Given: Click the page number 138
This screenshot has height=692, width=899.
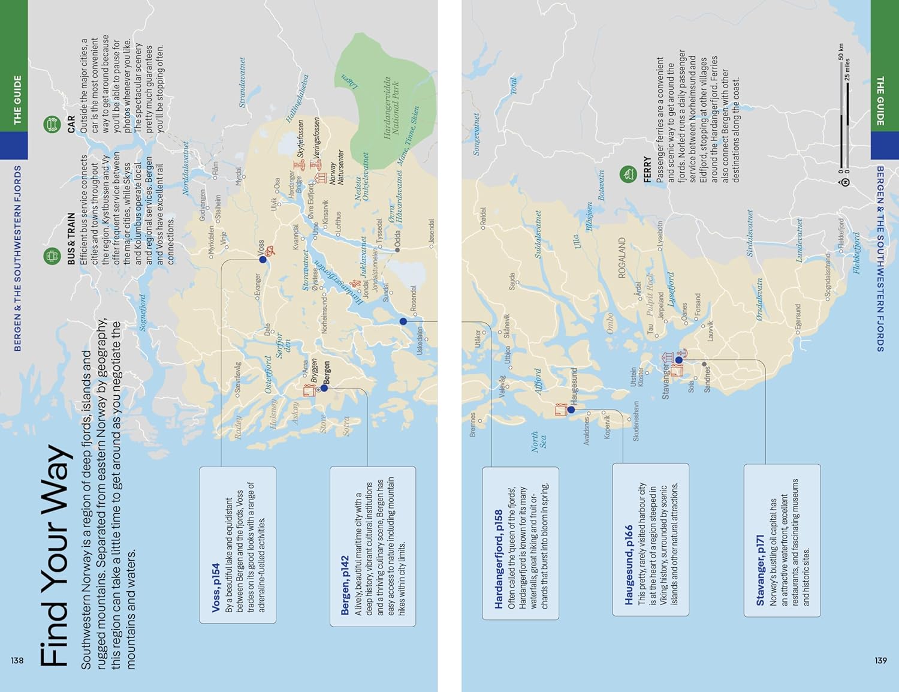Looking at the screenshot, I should tap(17, 660).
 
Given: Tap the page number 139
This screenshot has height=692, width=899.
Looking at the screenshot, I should tap(880, 660).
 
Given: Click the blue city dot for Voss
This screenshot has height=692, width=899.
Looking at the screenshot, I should tap(263, 260).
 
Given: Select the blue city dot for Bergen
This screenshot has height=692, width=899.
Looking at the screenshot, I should tap(324, 388).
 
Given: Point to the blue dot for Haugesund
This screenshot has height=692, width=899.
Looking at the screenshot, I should tap(571, 410).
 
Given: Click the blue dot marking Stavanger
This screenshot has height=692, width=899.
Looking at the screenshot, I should tap(678, 360).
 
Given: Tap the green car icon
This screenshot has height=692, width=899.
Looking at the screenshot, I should tap(52, 125).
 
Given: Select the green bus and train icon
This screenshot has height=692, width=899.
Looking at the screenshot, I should tap(52, 256).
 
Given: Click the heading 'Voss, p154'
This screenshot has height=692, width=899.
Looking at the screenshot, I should tap(216, 588).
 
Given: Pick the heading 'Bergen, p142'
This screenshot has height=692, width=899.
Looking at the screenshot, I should tap(345, 585).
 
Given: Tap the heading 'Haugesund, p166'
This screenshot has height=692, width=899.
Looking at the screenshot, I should tap(628, 565).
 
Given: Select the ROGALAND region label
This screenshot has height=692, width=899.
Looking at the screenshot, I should tap(622, 258).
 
